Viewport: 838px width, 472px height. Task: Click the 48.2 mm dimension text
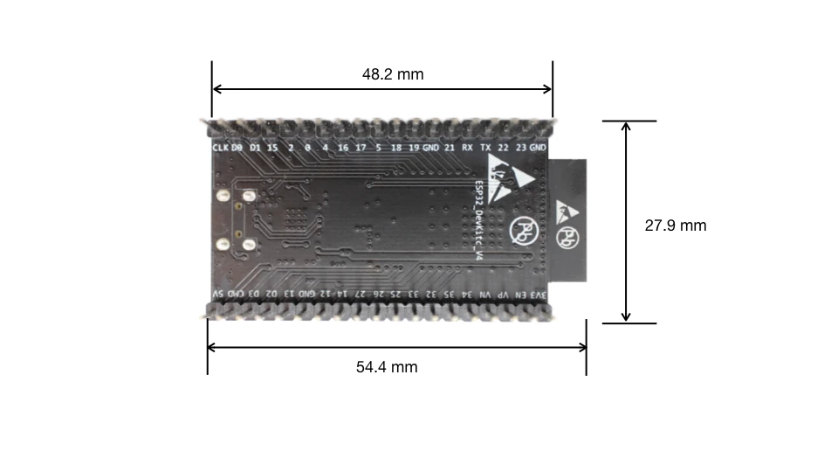point(393,74)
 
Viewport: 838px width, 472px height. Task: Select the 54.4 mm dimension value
point(387,367)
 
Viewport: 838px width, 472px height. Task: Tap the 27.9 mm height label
point(675,226)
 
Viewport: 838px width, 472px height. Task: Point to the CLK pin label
point(220,148)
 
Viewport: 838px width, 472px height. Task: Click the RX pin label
point(468,148)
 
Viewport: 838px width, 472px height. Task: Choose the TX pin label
point(485,148)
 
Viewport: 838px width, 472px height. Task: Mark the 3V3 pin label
point(541,295)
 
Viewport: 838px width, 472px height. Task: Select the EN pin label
point(521,295)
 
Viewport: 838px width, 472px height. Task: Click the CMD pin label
point(235,295)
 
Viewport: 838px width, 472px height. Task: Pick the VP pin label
point(503,295)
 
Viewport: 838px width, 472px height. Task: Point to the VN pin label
point(485,295)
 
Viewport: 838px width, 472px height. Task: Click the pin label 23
point(520,148)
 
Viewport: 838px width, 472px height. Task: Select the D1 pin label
point(255,148)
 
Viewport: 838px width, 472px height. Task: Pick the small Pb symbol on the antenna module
point(568,237)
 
